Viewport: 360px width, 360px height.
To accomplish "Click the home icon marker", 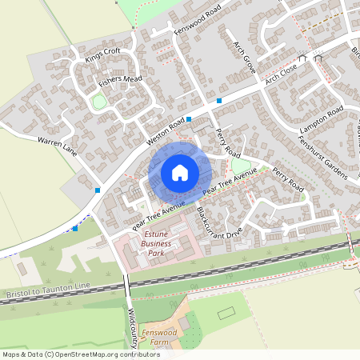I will [180, 172].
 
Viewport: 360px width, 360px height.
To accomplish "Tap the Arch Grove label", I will [244, 58].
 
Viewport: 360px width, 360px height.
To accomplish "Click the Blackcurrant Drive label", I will [218, 225].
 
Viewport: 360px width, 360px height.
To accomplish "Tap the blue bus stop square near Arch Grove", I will [218, 101].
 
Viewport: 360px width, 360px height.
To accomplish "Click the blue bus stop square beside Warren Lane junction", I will [97, 190].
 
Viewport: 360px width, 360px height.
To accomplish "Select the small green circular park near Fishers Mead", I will [99, 102].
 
